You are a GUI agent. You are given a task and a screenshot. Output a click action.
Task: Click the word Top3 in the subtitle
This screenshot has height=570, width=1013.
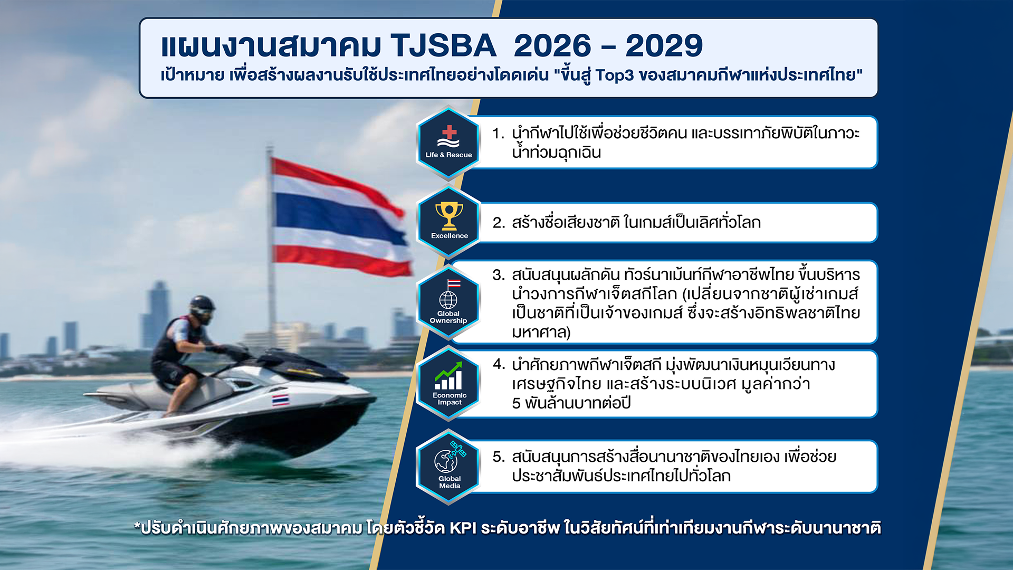coord(615,75)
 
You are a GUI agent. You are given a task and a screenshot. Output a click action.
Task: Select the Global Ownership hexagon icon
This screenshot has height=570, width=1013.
coord(448,303)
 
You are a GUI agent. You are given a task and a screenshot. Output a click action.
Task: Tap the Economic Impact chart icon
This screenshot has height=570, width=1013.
coord(448,383)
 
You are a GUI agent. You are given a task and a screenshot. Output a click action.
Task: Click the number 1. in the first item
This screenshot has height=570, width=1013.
coord(499,133)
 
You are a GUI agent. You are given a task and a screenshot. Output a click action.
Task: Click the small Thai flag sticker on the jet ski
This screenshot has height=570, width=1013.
coord(281,400)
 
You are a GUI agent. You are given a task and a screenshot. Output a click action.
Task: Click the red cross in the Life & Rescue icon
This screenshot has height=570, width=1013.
coord(449,132)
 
